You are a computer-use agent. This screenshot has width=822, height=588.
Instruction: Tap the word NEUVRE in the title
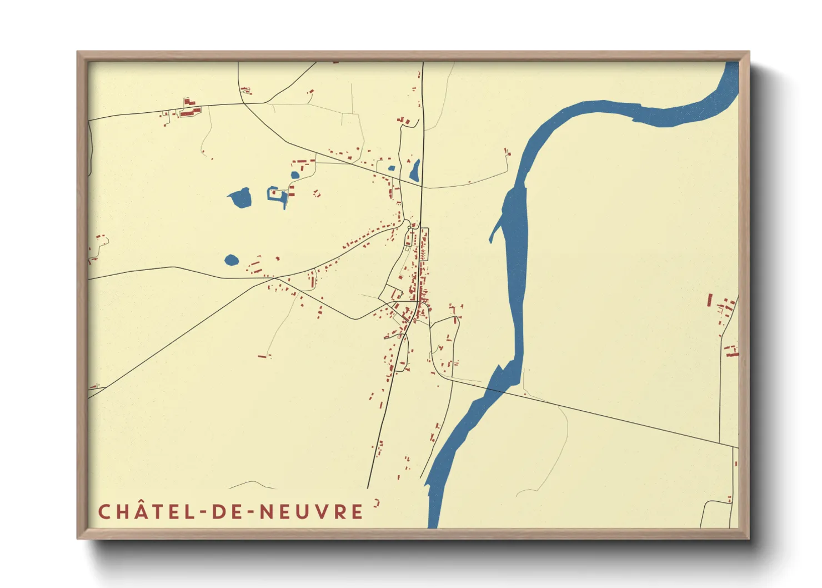coord(312,512)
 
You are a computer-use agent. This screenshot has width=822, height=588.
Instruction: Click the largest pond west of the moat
coord(240,197)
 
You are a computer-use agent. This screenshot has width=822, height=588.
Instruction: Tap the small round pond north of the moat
coord(295,175)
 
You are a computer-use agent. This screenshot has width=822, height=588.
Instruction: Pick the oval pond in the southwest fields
coord(232,260)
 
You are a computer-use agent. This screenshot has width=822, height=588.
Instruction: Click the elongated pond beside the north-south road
coord(415,171)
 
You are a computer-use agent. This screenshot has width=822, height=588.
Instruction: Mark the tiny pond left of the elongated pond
coord(391,168)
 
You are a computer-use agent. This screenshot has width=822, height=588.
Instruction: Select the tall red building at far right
coord(710,300)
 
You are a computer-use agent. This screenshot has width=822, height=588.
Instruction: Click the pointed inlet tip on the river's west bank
coord(490,241)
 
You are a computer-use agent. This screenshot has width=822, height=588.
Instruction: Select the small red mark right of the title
coord(377,504)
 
